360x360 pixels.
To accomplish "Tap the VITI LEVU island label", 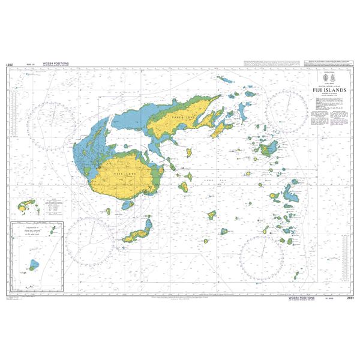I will [x=119, y=172].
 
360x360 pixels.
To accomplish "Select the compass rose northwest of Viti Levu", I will [x=56, y=116].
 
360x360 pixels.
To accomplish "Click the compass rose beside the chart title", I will [x=286, y=112].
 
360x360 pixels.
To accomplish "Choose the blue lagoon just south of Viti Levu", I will [x=127, y=205].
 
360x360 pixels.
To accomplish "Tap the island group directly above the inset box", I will [x=25, y=206].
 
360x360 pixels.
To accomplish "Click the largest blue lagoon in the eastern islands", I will [x=293, y=193].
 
